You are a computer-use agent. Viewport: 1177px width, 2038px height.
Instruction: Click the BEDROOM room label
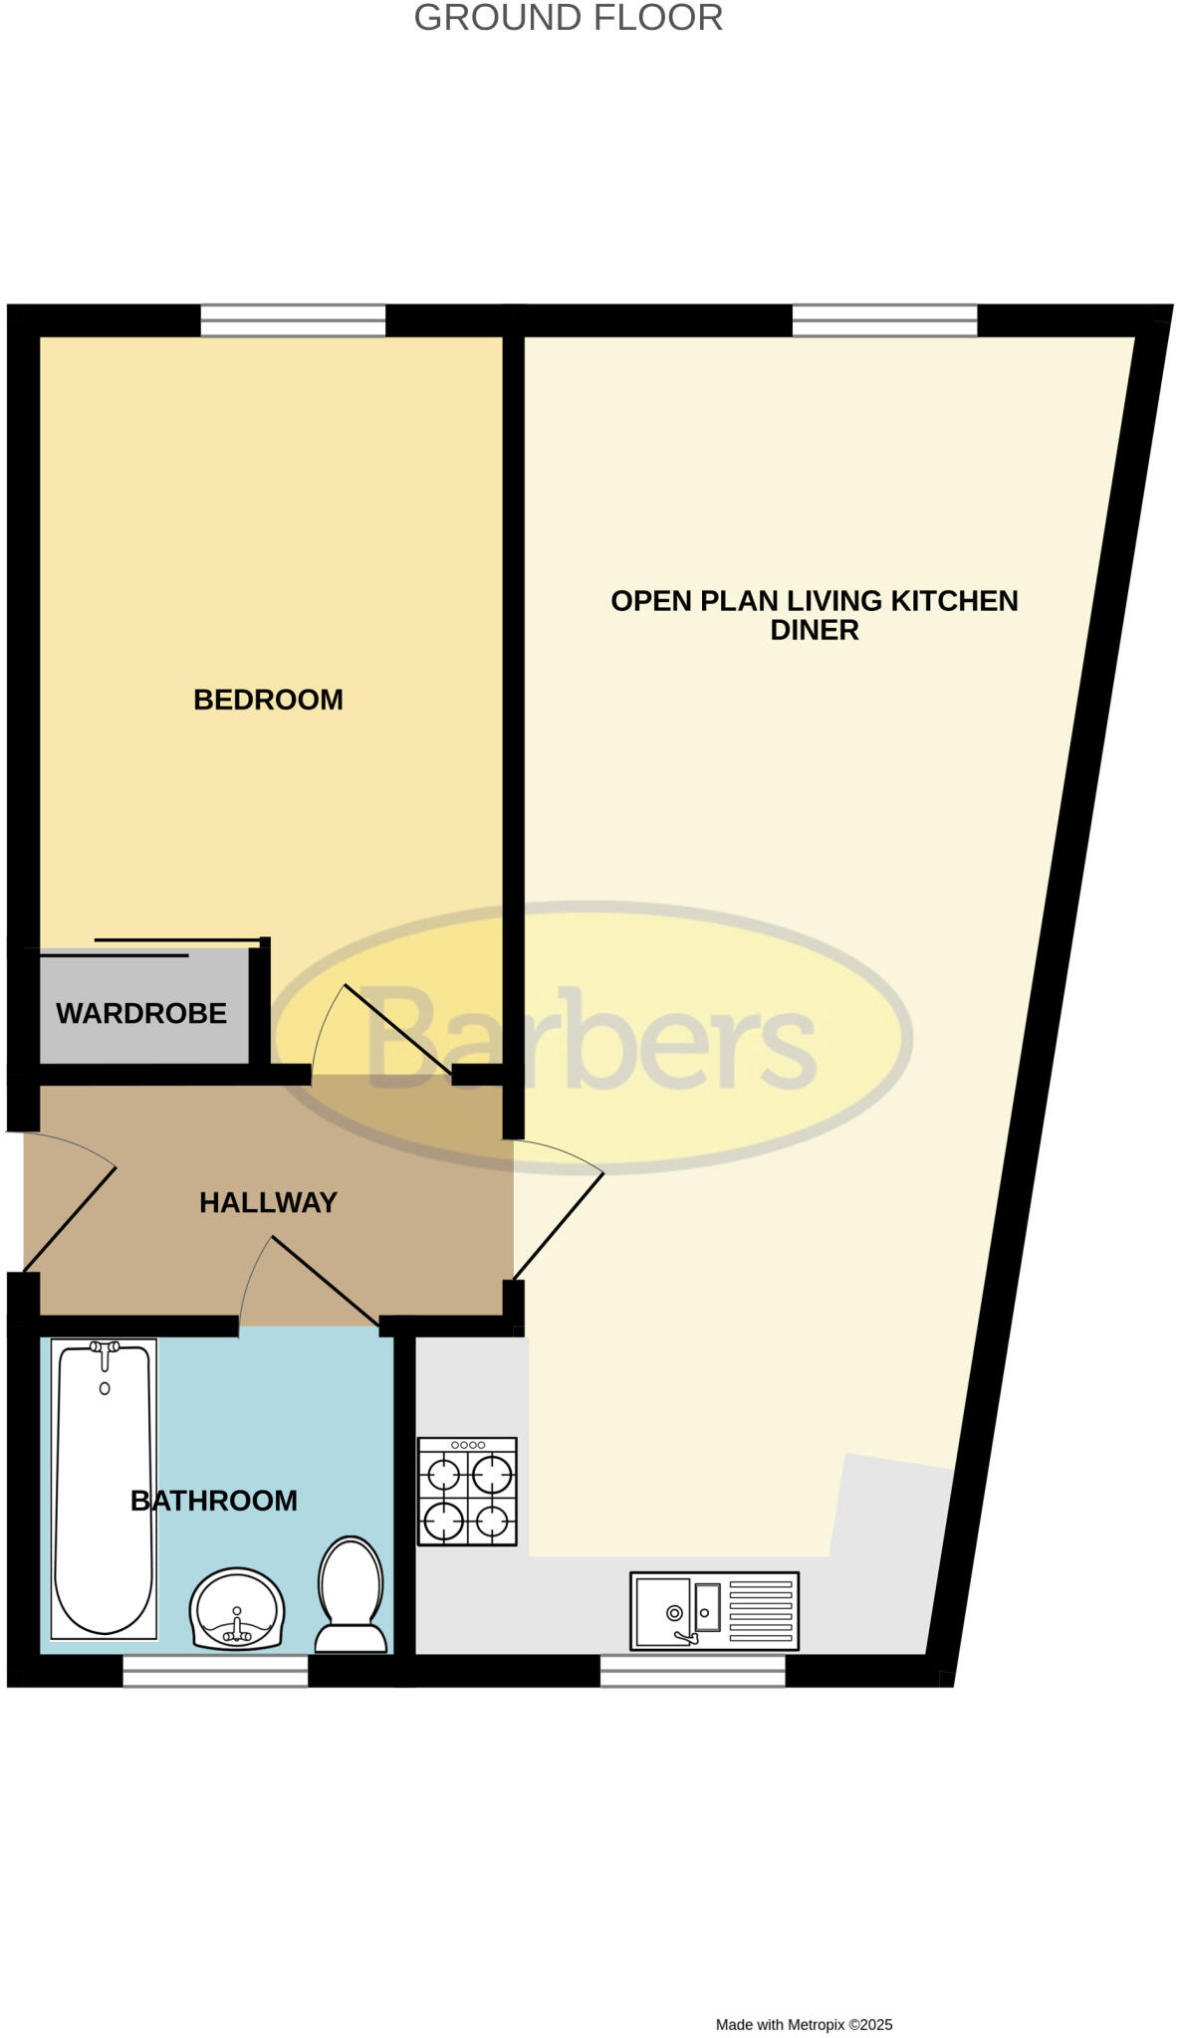[268, 700]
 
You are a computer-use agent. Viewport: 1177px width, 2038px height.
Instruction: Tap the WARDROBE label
[141, 1013]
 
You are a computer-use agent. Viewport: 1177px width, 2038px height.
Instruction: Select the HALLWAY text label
[268, 1202]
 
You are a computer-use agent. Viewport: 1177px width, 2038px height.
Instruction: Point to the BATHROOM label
[214, 1501]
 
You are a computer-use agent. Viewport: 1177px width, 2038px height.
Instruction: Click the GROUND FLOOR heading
[568, 18]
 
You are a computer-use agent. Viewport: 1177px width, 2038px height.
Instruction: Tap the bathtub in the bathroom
[104, 1488]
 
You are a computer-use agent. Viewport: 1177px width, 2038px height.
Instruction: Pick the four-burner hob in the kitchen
[467, 1491]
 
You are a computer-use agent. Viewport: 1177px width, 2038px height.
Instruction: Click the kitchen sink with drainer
[714, 1610]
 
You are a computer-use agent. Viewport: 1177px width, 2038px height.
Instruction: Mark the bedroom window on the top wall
[293, 320]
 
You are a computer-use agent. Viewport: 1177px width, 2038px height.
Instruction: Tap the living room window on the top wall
[884, 320]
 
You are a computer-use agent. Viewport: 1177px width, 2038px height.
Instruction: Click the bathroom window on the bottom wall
[215, 1671]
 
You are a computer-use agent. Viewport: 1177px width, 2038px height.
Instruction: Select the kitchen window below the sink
[692, 1671]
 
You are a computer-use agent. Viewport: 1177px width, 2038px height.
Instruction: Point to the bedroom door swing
[393, 1030]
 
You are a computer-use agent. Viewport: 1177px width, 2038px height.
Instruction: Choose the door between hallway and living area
[558, 1224]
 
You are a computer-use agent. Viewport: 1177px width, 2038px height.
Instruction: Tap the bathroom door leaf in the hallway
[324, 1281]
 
